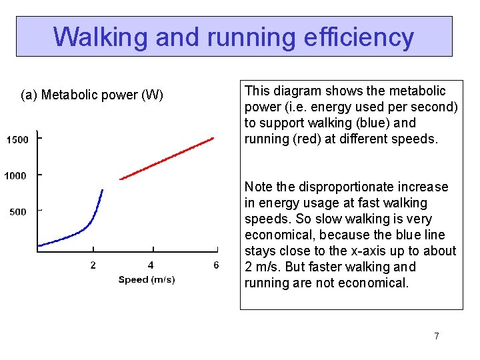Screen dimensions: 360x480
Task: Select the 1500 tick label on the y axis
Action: point(17,139)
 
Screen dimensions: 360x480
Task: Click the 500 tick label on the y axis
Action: point(17,211)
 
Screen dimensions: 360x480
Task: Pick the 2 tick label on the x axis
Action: point(93,265)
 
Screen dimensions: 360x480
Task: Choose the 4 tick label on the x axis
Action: point(151,265)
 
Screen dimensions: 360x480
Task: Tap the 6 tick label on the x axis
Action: point(216,265)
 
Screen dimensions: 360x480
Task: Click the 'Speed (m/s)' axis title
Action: point(147,279)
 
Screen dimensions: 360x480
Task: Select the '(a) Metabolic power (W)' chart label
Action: point(92,95)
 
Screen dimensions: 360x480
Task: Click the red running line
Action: point(167,159)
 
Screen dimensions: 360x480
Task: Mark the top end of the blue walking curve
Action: point(102,191)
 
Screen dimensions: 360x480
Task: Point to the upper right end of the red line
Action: point(213,138)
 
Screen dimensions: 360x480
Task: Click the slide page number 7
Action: point(437,336)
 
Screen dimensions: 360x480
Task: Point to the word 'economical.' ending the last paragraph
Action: point(375,283)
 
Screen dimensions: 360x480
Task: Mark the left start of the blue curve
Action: point(39,246)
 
